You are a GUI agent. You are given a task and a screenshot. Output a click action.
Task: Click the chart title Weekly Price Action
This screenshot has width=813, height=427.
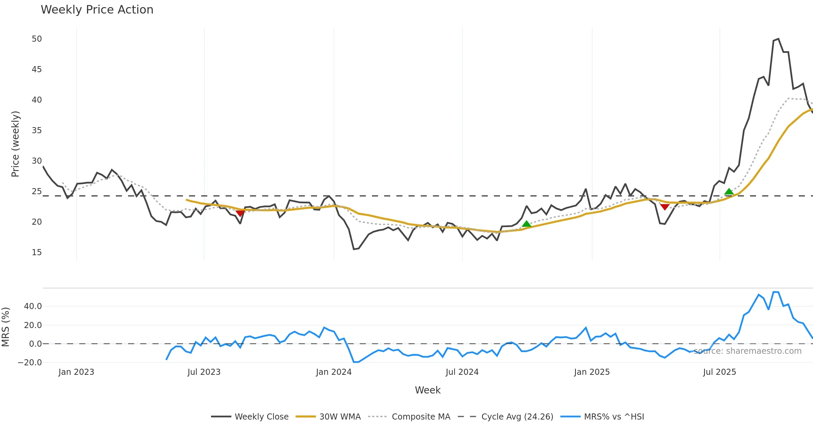coord(97,10)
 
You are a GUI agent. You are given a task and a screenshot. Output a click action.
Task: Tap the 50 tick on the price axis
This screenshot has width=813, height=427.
coord(37,39)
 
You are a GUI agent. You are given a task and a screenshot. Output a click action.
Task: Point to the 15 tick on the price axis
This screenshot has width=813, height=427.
coord(37,252)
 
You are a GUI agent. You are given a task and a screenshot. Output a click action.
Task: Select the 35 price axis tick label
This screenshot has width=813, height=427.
coord(37,130)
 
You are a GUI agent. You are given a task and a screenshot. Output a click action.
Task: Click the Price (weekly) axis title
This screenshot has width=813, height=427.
coord(15,144)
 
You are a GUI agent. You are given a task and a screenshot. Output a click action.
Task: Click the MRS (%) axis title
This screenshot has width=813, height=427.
coord(5,327)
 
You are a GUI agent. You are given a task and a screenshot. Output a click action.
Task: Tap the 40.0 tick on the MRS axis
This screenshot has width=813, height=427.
coord(33,306)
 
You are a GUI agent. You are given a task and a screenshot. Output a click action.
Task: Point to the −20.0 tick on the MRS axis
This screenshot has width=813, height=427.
coord(30,362)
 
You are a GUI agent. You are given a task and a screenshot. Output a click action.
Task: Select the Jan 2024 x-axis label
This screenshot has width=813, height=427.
coord(334,372)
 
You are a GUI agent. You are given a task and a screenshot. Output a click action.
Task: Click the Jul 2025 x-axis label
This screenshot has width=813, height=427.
coord(720,372)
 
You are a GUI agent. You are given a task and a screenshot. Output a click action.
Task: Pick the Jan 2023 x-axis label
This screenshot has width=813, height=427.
coord(76,372)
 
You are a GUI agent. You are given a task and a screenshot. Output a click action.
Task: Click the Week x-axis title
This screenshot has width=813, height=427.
coord(428,390)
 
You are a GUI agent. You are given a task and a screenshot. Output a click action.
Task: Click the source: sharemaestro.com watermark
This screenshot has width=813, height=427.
coord(747,351)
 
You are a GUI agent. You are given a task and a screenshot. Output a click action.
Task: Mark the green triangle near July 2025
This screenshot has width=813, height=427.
coord(729,192)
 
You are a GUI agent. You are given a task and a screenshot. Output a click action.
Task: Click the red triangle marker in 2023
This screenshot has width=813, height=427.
coord(240,213)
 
